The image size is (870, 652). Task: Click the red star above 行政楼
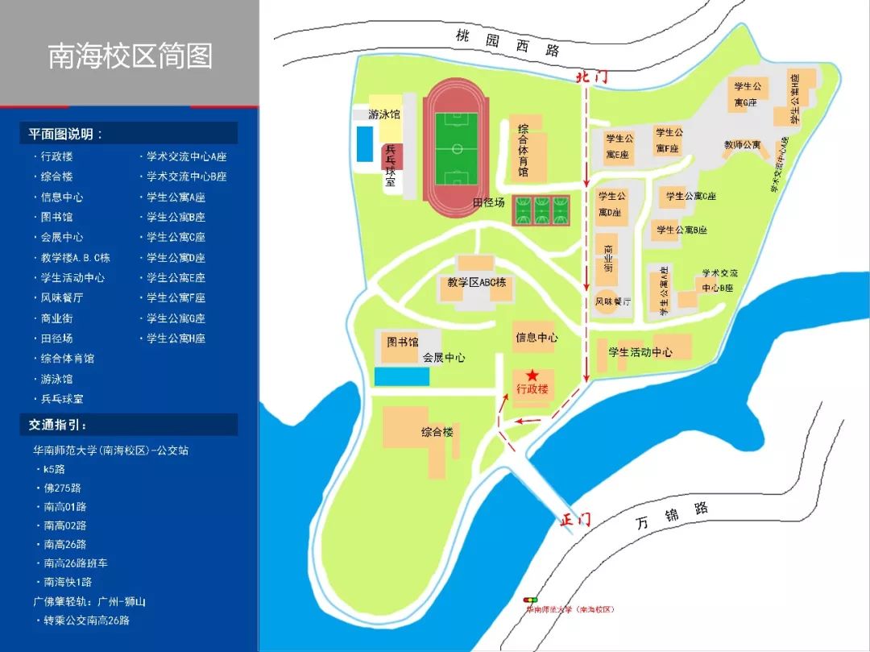(532, 376)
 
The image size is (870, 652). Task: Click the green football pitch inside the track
(456, 149)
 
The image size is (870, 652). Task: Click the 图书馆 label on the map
(402, 342)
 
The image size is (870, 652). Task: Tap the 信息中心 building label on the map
(536, 337)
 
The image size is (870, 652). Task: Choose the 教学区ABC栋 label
(476, 282)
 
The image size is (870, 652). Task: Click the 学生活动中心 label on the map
(640, 352)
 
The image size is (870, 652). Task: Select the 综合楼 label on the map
(437, 432)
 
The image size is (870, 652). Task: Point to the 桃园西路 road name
(507, 43)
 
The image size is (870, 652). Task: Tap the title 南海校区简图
(130, 56)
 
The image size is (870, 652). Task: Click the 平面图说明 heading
(66, 134)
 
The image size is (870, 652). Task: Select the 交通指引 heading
(59, 425)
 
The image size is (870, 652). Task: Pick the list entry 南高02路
(65, 525)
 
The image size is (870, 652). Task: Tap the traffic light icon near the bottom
(531, 601)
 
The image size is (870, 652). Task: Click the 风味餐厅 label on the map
(612, 301)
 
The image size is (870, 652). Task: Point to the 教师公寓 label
(742, 145)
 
